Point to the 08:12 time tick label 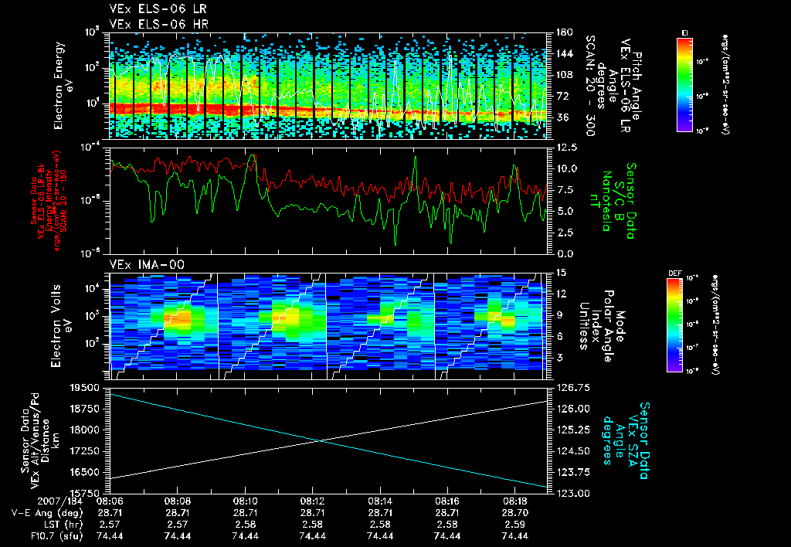point(312,501)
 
